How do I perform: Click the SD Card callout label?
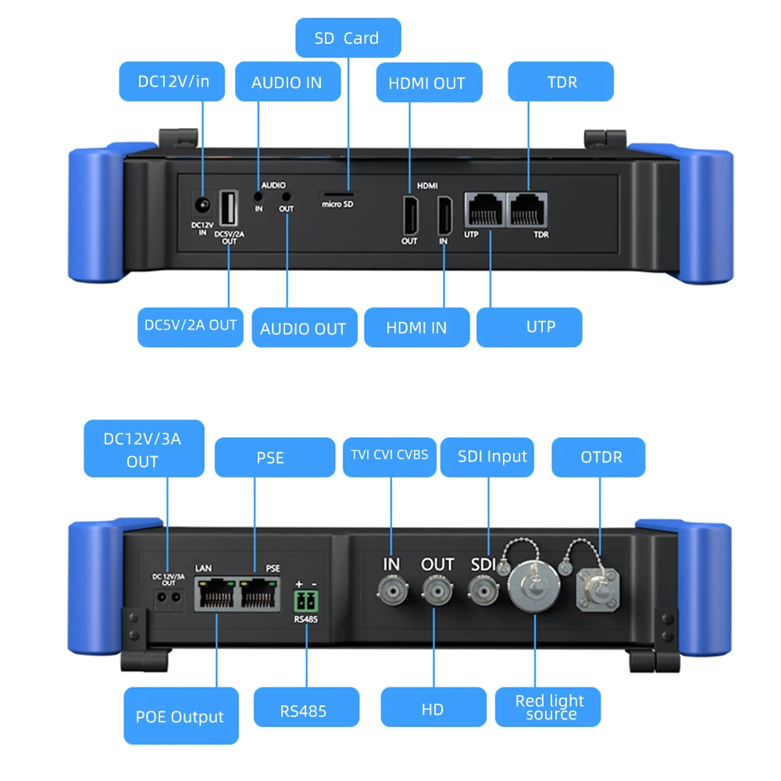coord(348,38)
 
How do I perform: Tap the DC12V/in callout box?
coord(173,81)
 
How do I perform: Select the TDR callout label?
coord(561,81)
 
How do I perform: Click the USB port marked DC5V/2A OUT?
coord(229,209)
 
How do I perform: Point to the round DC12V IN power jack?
coord(202,206)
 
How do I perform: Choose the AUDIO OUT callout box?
coord(302,328)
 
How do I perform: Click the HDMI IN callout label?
coord(416,327)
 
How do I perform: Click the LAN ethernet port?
coord(213,595)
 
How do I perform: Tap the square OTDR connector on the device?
coord(597,590)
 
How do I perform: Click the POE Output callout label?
coord(180,716)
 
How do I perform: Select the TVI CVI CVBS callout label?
coord(390,455)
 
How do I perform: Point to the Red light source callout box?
coord(550,708)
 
